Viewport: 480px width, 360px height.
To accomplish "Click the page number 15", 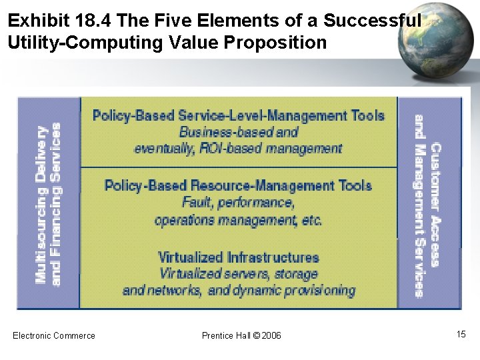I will (461, 334).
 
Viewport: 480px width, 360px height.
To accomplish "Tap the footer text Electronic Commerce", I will (54, 335).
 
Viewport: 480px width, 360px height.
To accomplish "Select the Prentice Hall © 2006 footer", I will (241, 335).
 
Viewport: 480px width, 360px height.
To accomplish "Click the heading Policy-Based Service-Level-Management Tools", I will (239, 115).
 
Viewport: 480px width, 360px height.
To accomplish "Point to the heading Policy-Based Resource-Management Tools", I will (238, 185).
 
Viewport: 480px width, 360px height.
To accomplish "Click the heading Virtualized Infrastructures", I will (239, 257).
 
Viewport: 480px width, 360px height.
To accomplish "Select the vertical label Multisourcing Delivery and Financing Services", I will (48, 203).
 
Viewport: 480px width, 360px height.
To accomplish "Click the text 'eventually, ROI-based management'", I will (238, 148).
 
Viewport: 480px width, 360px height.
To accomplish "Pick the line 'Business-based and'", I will (239, 132).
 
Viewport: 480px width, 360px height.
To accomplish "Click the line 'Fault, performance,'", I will (237, 202).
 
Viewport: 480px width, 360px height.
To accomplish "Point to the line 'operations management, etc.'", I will (238, 219).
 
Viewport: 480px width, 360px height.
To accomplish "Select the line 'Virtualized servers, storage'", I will (239, 273).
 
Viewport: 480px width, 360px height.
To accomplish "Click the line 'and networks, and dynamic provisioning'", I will (239, 290).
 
